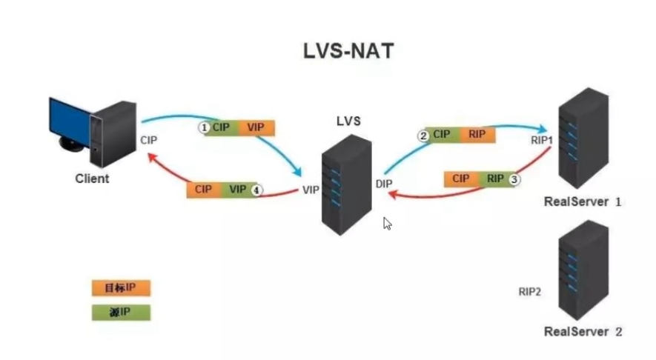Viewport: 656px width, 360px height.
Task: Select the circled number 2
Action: tap(423, 136)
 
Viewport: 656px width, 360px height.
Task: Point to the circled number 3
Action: tap(514, 179)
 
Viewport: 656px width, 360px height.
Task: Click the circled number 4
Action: tap(256, 190)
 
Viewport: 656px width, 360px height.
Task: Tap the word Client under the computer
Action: tap(92, 179)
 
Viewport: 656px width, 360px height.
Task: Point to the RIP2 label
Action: tap(530, 292)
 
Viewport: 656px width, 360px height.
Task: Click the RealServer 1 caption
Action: tap(582, 201)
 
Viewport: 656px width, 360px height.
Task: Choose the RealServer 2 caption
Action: tap(582, 331)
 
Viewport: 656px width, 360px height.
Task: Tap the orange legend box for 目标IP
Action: tap(121, 287)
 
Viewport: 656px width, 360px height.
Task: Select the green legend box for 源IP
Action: tap(121, 312)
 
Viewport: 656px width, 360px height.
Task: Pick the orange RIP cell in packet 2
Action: tap(477, 135)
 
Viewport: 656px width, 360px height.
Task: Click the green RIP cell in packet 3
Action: tap(494, 179)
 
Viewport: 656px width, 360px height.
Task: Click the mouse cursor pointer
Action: tap(386, 223)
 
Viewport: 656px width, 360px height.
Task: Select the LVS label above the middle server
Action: tap(348, 121)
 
